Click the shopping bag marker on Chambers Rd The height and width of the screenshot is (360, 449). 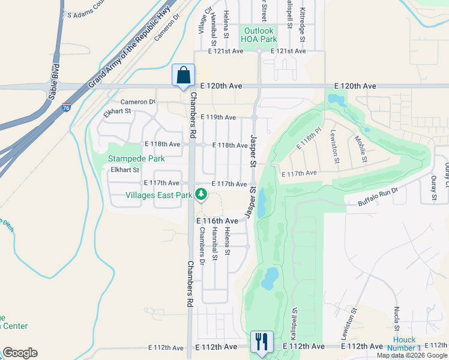(x=184, y=76)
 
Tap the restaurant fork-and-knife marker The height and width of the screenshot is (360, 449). (x=262, y=343)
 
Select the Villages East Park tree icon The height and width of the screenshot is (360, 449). (x=202, y=194)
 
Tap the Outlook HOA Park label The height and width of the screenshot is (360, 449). (x=259, y=35)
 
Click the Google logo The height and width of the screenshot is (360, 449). (x=20, y=353)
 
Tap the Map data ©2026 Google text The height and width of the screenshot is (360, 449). (x=412, y=355)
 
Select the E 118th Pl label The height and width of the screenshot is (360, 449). (x=310, y=143)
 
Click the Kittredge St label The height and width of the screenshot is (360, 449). (x=303, y=20)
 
